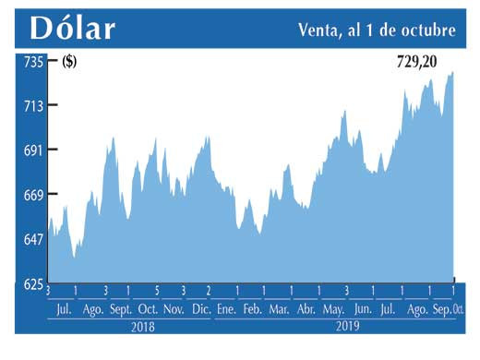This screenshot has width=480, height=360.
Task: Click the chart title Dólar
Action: coord(73,28)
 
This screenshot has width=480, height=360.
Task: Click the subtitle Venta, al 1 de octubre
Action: coord(377,30)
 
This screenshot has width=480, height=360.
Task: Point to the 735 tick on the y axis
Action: coord(34,62)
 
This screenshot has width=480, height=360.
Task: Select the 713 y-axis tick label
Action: coord(34,106)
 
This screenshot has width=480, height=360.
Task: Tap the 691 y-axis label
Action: coord(34,150)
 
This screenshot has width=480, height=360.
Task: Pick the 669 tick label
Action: coord(34,195)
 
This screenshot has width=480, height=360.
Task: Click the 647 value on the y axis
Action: coord(34,239)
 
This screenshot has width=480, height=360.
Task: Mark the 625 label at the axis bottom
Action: coord(34,283)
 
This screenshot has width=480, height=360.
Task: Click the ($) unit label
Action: coord(69,62)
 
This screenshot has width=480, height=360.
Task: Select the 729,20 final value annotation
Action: coord(412,62)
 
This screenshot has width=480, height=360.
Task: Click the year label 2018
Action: coord(142,327)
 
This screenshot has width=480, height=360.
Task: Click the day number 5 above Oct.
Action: coord(157,291)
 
